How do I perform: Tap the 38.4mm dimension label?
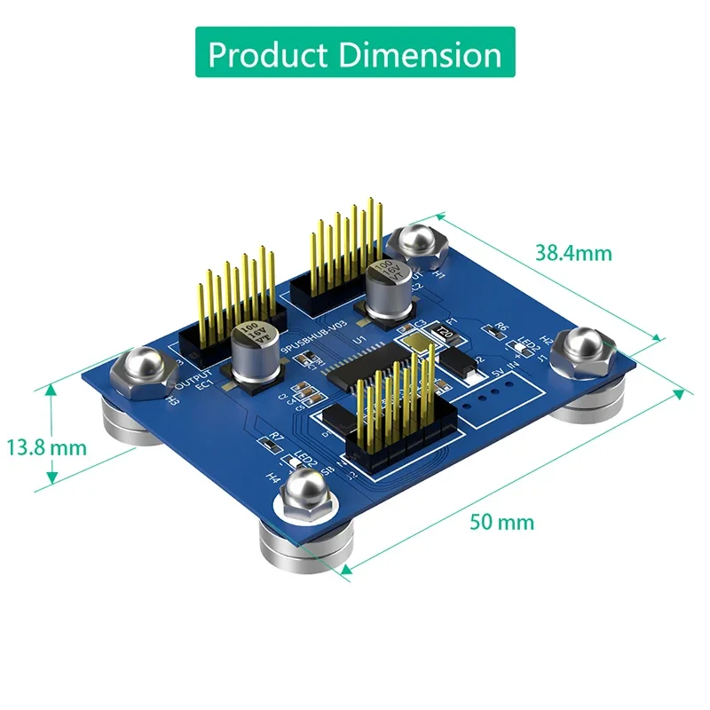[573, 253]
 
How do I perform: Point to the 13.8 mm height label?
[47, 447]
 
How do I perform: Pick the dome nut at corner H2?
[582, 347]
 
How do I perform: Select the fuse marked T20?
[441, 332]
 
